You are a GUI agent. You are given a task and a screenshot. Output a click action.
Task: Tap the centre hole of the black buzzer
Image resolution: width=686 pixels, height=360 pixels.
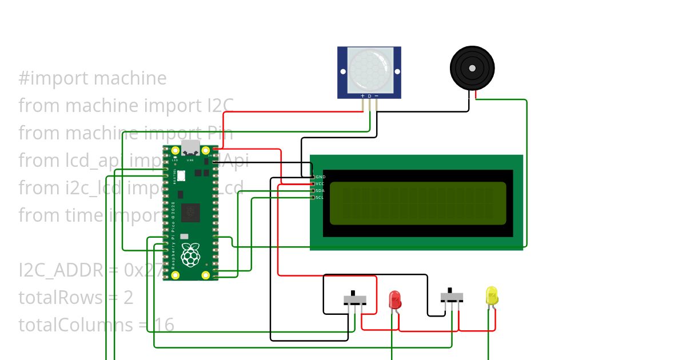coord(472,68)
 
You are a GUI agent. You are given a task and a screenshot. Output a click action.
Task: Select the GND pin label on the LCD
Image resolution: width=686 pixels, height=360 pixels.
coord(320,177)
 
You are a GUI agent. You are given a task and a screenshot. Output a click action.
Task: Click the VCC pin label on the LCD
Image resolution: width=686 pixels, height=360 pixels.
coord(320,184)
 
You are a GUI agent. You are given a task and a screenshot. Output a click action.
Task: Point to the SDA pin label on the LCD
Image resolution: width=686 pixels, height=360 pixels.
coord(320,191)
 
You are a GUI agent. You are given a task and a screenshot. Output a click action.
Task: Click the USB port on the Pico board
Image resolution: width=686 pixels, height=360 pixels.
coord(190,147)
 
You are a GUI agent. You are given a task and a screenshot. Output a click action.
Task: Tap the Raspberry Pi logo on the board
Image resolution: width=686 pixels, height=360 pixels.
coord(190,254)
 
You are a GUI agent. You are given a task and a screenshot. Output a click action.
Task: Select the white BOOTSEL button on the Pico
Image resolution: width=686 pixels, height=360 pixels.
coord(181,176)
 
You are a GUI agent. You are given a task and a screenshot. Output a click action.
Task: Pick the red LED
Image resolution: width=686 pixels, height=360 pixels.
coord(394,299)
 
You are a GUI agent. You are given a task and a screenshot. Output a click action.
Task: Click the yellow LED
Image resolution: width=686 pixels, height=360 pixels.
coord(492,295)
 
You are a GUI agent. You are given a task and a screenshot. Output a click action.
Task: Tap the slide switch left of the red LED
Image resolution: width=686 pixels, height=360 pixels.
coord(355,299)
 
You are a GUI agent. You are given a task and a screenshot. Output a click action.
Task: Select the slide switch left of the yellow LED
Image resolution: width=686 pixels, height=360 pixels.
coord(452,298)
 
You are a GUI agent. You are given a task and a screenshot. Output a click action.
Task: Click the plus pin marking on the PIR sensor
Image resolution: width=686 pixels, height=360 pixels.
coord(362,96)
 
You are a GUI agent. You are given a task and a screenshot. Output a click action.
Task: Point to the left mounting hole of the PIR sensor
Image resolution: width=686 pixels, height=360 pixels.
coord(343,72)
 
